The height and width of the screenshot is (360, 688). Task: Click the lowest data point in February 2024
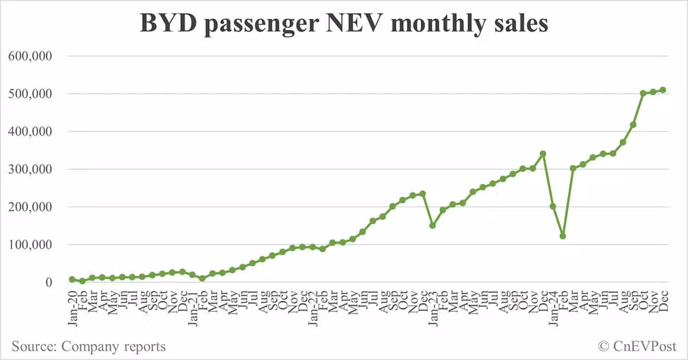563,236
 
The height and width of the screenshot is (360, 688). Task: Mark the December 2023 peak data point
543,154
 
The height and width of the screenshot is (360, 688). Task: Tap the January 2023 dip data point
433,225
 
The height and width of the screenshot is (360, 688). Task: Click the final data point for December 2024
663,90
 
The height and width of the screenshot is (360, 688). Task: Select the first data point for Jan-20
72,279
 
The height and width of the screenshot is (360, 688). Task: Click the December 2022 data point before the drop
423,194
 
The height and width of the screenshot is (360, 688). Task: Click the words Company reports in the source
114,346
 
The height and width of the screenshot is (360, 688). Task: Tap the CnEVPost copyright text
638,346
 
